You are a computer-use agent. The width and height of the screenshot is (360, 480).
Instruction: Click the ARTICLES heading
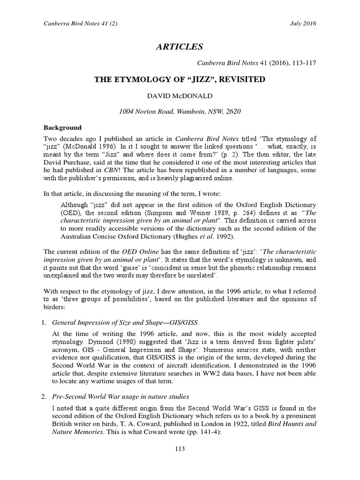click(180, 46)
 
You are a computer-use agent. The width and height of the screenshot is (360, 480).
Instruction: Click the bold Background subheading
click(62, 127)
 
